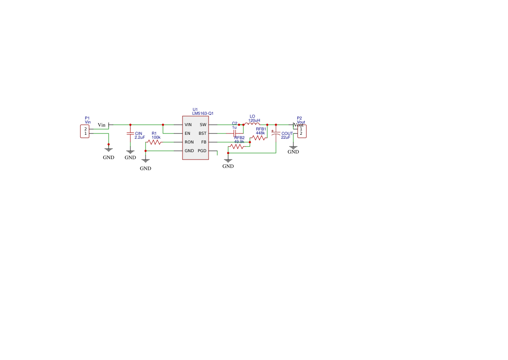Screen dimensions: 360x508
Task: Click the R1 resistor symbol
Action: pos(154,142)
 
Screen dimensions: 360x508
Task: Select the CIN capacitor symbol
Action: pos(130,133)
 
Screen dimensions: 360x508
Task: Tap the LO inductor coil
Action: pos(252,124)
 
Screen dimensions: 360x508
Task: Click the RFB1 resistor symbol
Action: pos(259,138)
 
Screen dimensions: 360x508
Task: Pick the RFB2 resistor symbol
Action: pos(237,147)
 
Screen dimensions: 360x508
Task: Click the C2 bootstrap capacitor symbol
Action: pos(235,133)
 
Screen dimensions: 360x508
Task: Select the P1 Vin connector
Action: pos(85,131)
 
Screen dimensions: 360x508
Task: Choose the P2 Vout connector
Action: pos(302,131)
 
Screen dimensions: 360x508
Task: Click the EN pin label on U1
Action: pos(187,133)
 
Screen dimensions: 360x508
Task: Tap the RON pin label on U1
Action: pos(189,142)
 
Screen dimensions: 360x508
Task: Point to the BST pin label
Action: pos(203,133)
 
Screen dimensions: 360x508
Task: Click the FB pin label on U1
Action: pos(204,142)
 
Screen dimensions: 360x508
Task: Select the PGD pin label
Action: pos(202,151)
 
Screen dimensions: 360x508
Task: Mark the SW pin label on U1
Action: pos(203,125)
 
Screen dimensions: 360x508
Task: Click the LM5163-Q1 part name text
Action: pos(203,113)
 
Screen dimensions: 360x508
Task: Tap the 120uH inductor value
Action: pos(254,120)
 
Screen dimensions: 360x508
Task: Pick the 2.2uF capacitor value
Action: pos(139,137)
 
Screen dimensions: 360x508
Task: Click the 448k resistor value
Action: pos(260,133)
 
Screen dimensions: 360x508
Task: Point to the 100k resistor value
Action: pos(156,137)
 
